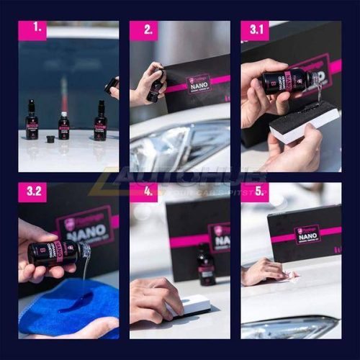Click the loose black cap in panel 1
click(x=50, y=137)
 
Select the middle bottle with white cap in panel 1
click(x=64, y=126)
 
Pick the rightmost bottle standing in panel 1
click(x=100, y=122)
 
